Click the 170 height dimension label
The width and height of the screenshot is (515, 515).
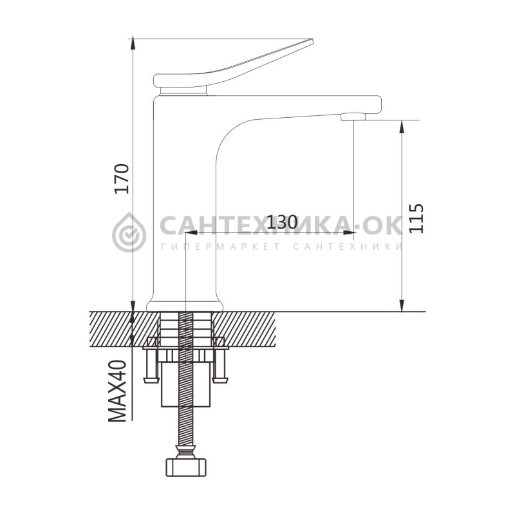click(121, 179)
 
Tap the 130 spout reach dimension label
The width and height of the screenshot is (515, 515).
click(281, 222)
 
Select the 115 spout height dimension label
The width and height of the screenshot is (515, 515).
click(416, 219)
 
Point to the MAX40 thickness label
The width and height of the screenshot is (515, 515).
click(117, 391)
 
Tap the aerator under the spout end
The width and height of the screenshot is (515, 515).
click(353, 117)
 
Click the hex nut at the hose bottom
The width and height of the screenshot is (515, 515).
click(185, 467)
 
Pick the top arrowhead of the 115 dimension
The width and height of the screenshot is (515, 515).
click(402, 127)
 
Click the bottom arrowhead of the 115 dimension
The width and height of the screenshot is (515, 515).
click(402, 304)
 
